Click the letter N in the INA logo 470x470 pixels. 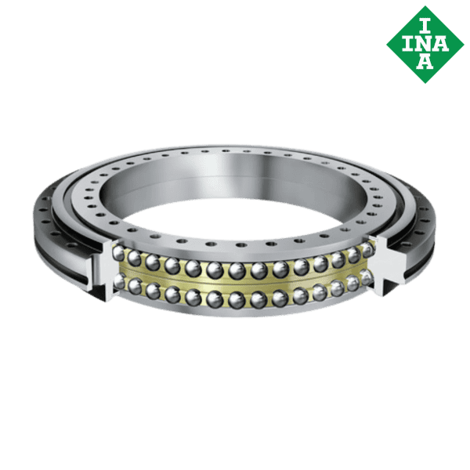point(425,43)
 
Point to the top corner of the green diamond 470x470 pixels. point(425,6)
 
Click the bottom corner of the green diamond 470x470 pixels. point(425,81)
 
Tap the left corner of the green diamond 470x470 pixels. point(387,43)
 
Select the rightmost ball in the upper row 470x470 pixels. point(366,249)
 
